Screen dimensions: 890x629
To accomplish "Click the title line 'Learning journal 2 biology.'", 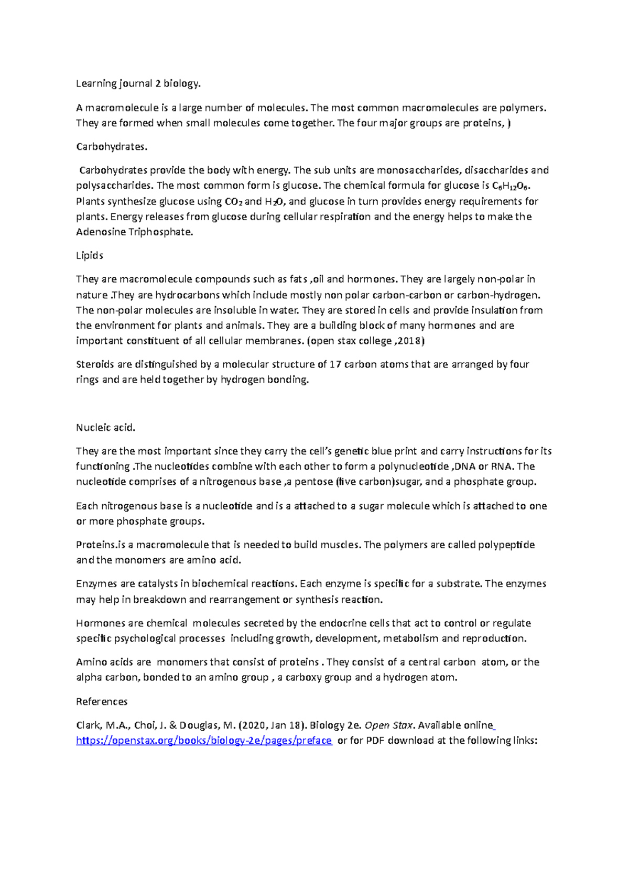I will [138, 83].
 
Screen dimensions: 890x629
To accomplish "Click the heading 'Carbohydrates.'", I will [112, 147].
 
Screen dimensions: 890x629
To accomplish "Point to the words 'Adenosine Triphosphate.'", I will [135, 232].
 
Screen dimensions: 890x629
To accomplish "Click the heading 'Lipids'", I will [89, 256].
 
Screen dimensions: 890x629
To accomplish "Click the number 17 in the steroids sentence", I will [335, 364].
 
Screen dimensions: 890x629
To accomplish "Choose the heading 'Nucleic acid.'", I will [105, 428].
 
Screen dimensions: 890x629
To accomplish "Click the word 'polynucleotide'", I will [413, 466].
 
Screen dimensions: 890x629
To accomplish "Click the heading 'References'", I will [102, 702].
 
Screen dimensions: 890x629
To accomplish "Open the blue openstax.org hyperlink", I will [204, 741].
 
